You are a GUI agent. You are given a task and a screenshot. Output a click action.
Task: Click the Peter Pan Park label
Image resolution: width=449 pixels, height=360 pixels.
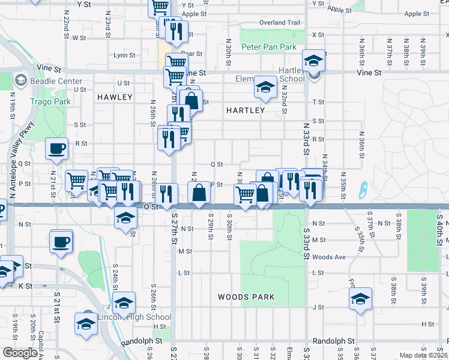tap(269, 47)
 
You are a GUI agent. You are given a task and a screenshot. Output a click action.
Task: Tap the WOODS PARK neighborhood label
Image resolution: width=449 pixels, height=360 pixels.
tap(246, 297)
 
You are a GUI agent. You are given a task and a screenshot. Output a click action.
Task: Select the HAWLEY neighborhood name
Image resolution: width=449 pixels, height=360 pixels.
tap(114, 97)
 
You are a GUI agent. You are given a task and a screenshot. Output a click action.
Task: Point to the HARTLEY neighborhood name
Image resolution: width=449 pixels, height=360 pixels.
tap(246, 110)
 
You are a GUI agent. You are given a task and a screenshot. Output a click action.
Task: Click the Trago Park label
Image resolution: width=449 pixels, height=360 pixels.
tap(50, 101)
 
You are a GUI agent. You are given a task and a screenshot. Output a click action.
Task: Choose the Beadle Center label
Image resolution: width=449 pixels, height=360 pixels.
tap(57, 81)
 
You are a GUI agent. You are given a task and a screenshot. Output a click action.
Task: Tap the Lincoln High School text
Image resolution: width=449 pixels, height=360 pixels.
tap(133, 317)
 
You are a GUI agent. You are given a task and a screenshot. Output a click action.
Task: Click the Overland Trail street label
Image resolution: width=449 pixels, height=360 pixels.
tap(279, 23)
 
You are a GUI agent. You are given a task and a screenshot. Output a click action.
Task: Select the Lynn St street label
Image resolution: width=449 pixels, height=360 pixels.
tap(124, 55)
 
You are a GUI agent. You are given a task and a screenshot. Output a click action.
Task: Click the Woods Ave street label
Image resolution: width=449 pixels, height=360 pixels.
tap(330, 257)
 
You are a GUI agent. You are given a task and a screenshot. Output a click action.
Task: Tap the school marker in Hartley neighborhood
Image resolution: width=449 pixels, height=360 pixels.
tap(265, 88)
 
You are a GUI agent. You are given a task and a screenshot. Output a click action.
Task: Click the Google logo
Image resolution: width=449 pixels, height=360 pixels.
tap(20, 353)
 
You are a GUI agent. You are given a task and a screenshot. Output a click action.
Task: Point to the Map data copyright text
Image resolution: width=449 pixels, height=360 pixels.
tap(423, 355)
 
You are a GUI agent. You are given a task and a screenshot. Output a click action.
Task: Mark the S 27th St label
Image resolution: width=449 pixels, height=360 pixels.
tap(175, 228)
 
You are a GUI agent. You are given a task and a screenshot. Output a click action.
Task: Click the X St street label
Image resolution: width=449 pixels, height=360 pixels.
tap(318, 35)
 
